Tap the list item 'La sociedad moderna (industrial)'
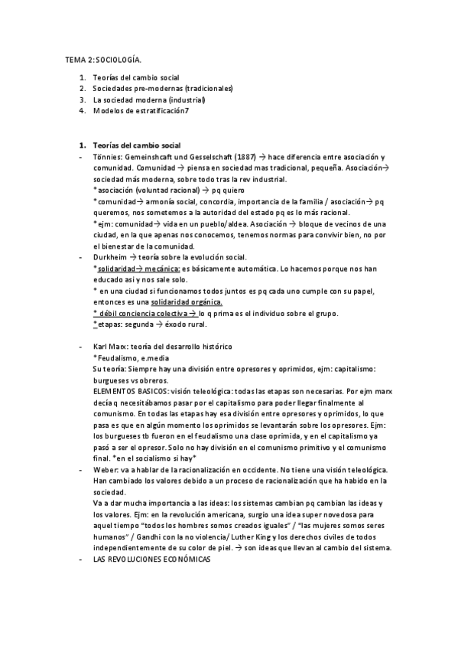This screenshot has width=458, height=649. pyautogui.click(x=149, y=99)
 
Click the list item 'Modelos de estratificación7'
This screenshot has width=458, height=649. pyautogui.click(x=141, y=110)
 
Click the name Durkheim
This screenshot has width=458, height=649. pyautogui.click(x=111, y=257)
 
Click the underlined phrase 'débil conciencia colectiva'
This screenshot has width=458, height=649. pyautogui.click(x=141, y=313)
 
